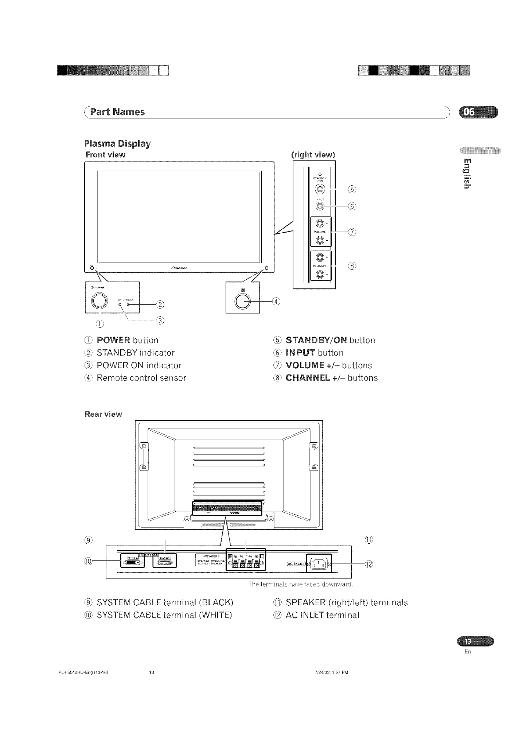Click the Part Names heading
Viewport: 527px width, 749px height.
pos(118,112)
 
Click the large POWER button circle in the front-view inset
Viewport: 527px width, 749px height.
pos(100,300)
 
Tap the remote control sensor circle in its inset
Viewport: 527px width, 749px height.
pos(243,301)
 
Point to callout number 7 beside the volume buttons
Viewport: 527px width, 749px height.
pos(352,232)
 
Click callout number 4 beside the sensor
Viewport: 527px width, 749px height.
pos(277,301)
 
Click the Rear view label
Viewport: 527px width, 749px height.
pos(103,414)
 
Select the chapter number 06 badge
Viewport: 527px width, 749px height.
pos(478,113)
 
